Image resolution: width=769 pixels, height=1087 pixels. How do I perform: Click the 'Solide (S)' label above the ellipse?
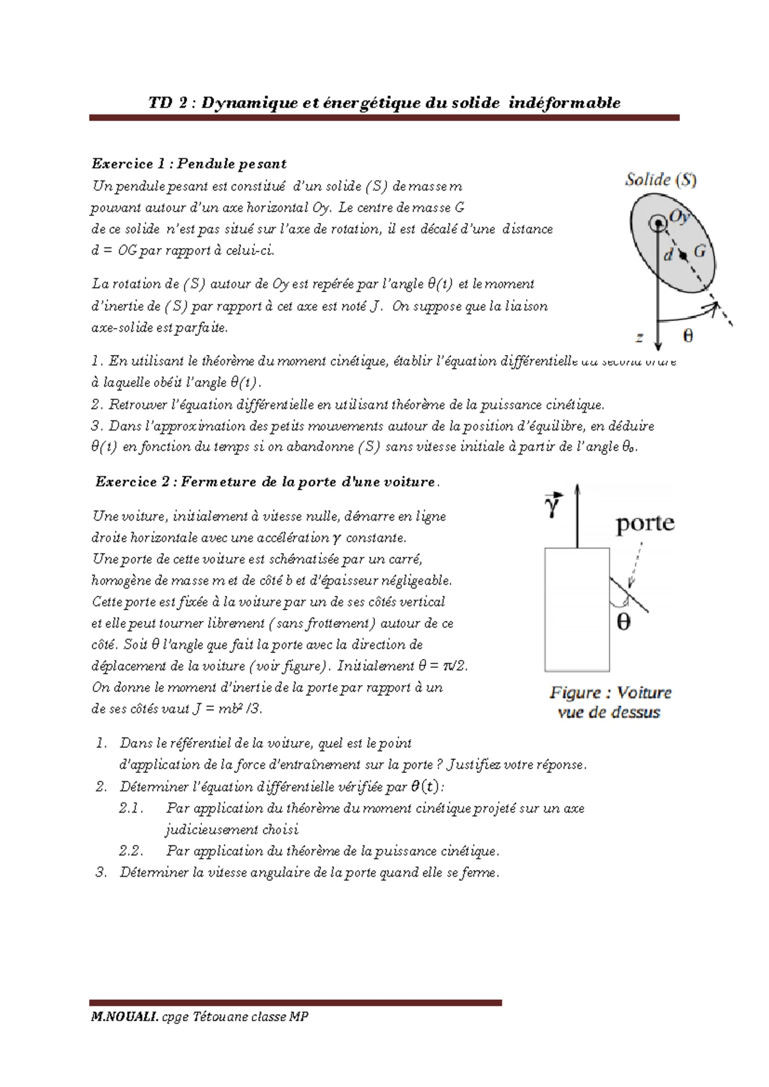661,181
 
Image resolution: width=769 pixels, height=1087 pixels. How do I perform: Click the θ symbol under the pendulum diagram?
688,335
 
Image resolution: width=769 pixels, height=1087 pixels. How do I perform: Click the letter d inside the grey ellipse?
668,255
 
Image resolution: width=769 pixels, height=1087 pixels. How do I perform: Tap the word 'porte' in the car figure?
645,523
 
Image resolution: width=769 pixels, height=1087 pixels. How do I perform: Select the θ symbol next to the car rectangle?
623,622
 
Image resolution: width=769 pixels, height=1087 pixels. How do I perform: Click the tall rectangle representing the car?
576,609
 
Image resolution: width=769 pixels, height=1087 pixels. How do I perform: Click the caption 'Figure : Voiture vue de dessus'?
609,702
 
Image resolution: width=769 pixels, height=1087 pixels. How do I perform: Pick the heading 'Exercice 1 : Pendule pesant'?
189,164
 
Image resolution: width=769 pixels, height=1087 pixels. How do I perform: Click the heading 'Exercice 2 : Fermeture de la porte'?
266,481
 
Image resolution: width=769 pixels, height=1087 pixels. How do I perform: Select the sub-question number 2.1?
131,808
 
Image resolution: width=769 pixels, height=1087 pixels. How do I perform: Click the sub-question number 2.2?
131,851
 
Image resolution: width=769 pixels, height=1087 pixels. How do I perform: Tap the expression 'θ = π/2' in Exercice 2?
442,666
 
